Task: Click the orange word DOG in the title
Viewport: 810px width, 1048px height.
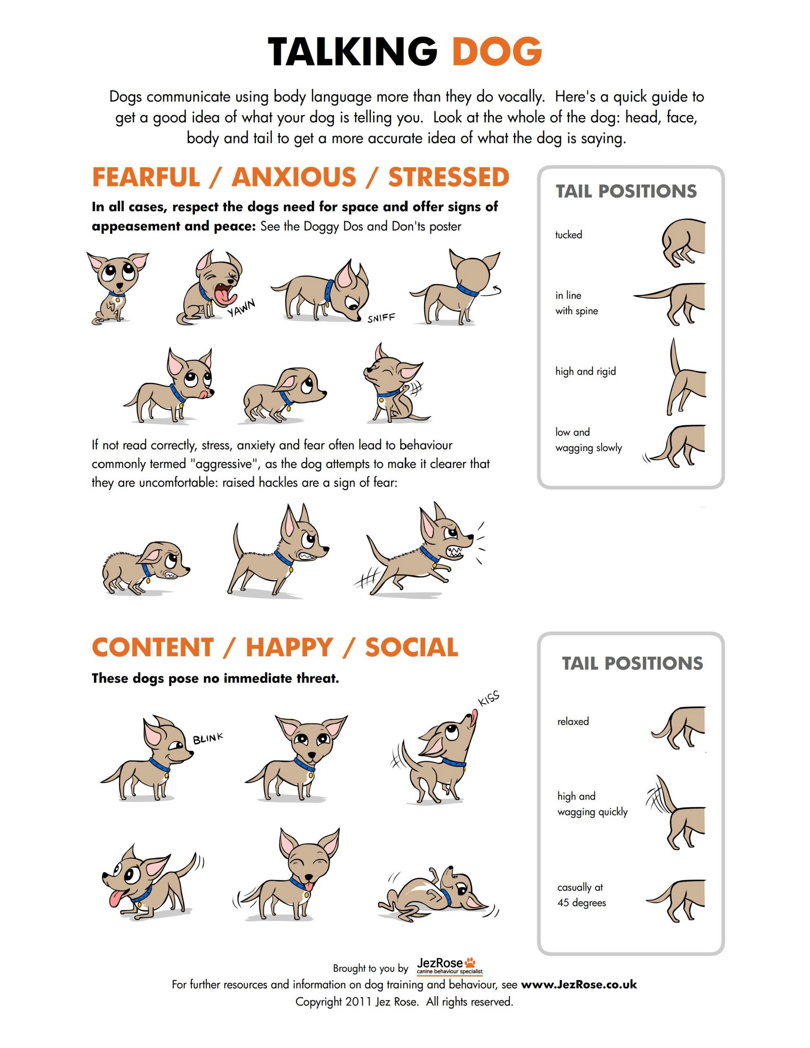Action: [497, 52]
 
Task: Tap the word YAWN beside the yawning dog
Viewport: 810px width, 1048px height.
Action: [241, 307]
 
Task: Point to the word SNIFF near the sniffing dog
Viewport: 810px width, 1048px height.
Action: [381, 318]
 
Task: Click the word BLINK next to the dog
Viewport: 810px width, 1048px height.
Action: [208, 738]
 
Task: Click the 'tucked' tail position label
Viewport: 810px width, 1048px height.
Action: [569, 235]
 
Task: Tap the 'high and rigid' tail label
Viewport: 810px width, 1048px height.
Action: [586, 371]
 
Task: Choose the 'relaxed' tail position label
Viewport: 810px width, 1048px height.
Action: [573, 721]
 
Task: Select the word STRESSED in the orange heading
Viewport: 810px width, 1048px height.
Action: [449, 177]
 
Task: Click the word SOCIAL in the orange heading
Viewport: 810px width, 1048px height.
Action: [412, 647]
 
